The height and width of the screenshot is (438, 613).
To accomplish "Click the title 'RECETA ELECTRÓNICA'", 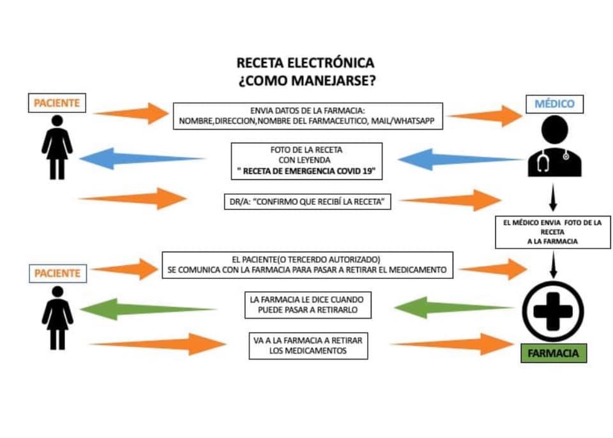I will point(306,63).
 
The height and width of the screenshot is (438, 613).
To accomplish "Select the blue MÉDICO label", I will point(553,103).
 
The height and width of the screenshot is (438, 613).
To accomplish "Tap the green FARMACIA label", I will point(553,353).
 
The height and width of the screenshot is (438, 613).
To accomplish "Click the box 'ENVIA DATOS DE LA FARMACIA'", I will point(308,116).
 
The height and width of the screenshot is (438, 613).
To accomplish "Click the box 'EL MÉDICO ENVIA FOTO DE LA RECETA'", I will point(554,231).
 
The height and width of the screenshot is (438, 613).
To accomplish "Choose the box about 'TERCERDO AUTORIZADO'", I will point(306,265).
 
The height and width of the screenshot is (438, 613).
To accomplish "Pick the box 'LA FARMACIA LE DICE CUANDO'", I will point(307,305).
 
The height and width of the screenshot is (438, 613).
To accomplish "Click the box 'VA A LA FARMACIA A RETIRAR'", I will point(306,345).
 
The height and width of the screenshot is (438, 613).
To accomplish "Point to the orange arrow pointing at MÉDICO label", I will point(485,116).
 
